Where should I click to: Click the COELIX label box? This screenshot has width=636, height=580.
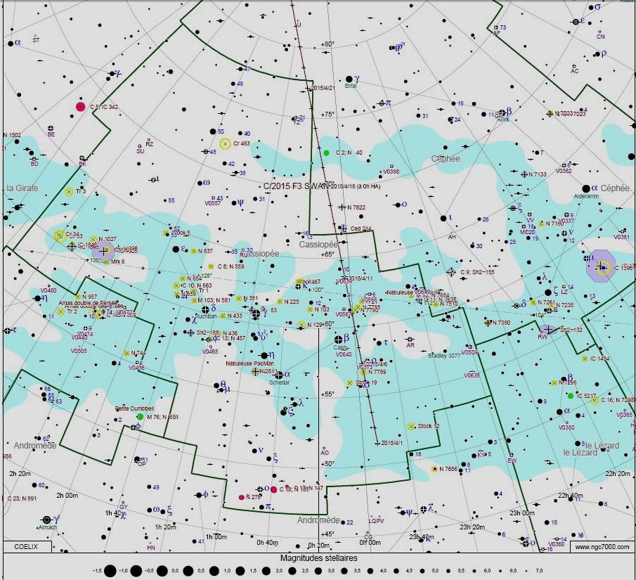tap(25, 546)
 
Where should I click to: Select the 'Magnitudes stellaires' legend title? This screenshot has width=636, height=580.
tap(319, 558)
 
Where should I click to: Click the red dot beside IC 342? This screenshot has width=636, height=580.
tap(80, 107)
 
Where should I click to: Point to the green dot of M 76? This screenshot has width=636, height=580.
tap(140, 417)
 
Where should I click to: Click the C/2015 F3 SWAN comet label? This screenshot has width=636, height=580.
tap(294, 186)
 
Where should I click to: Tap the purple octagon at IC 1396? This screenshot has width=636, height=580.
tap(602, 266)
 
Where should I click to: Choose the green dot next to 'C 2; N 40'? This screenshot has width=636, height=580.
tap(326, 152)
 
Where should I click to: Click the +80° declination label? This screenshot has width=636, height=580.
tap(327, 44)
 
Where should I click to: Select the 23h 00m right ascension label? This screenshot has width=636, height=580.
tap(522, 513)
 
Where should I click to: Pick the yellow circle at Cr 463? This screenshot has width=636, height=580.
tap(225, 143)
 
